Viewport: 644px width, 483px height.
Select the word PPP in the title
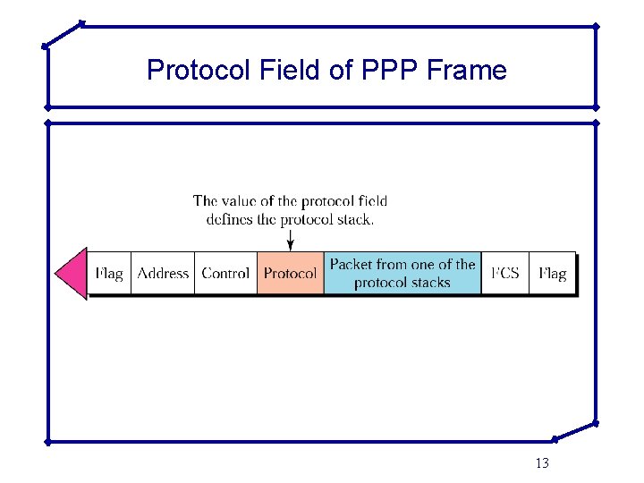[x=391, y=70]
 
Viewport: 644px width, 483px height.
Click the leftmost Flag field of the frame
[x=109, y=273]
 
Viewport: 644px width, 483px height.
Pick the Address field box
[x=163, y=273]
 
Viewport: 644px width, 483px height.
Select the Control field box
[x=225, y=273]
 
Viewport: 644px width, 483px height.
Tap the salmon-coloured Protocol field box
[x=290, y=273]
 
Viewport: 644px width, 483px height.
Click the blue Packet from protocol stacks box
[x=402, y=273]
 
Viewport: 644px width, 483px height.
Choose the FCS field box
[x=505, y=273]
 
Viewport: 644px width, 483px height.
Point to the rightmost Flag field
[x=552, y=273]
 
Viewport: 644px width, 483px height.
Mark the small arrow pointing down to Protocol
[x=290, y=240]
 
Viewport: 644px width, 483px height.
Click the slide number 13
[x=541, y=463]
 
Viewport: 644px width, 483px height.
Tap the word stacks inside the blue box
[x=429, y=283]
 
